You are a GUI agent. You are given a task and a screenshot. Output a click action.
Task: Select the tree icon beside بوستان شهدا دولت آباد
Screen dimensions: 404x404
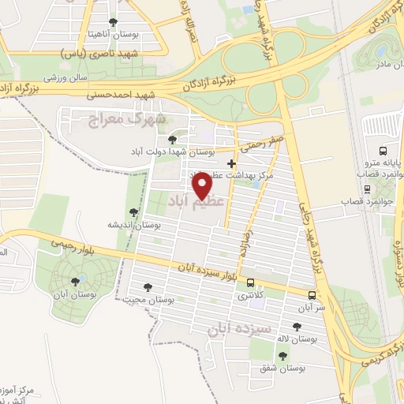click(x=172, y=140)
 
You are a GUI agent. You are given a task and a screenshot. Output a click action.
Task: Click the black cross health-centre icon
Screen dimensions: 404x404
click(x=231, y=163)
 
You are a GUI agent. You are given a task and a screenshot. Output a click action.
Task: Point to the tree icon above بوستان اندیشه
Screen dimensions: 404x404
click(x=133, y=211)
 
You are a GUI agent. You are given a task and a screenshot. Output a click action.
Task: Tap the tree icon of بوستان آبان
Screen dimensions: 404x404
click(x=77, y=280)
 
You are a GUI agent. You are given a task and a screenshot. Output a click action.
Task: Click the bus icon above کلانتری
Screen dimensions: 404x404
click(x=251, y=282)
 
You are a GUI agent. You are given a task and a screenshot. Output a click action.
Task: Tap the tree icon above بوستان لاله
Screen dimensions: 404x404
click(x=296, y=327)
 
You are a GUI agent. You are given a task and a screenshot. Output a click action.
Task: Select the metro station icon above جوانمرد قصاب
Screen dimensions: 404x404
click(x=367, y=189)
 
